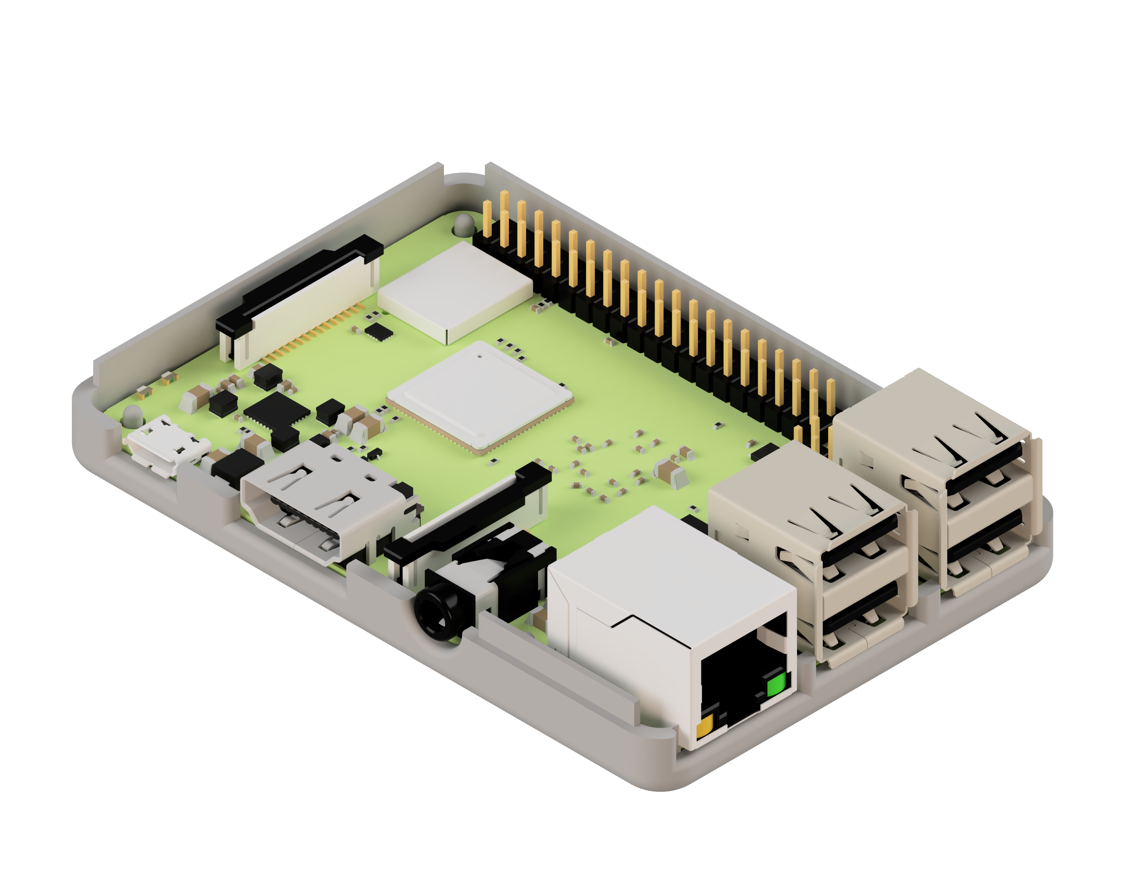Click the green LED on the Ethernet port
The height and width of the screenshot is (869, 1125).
776,685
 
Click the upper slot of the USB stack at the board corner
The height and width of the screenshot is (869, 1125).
984,466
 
